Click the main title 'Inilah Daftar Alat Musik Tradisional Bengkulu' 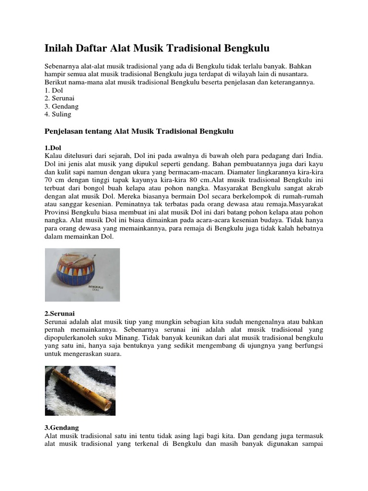tap(157, 48)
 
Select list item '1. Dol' tap(54, 91)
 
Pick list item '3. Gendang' tap(61, 106)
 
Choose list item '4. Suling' tap(58, 114)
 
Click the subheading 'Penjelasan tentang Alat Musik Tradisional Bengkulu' tap(139, 131)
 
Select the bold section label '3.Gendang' tap(62, 427)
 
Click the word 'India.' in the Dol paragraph tap(313, 156)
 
